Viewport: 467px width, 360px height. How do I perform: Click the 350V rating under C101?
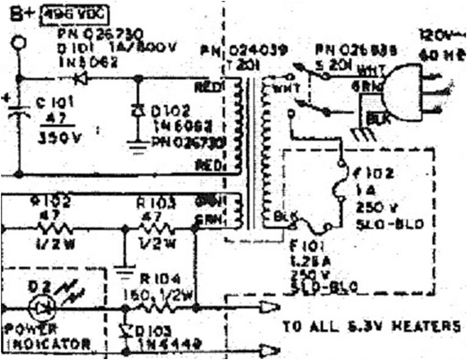[60, 138]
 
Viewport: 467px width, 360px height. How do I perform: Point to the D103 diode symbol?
[126, 331]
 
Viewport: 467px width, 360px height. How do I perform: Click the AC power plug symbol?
[406, 92]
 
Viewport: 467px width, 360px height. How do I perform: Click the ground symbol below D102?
[139, 144]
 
